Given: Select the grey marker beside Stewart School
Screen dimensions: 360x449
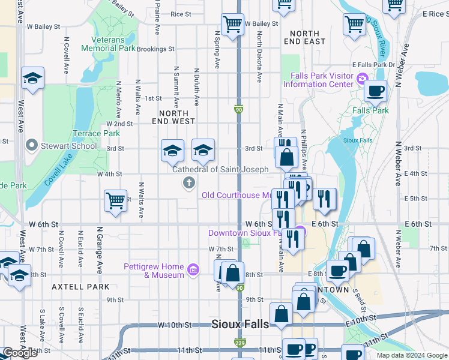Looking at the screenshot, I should pyautogui.click(x=32, y=145).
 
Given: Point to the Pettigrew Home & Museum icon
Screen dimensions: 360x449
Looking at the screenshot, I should pyautogui.click(x=193, y=271).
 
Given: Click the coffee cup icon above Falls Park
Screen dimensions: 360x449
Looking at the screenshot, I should pyautogui.click(x=375, y=91).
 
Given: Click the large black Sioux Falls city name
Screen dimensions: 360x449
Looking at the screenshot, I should pyautogui.click(x=240, y=324).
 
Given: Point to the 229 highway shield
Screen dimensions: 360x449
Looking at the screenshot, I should pyautogui.click(x=239, y=342).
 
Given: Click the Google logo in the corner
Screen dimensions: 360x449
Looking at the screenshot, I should pyautogui.click(x=20, y=353).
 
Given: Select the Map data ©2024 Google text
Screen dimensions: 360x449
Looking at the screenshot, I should pyautogui.click(x=412, y=355).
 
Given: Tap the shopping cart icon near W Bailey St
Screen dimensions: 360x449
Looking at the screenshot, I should pyautogui.click(x=232, y=25).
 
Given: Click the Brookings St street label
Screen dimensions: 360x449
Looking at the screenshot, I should pyautogui.click(x=155, y=49).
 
